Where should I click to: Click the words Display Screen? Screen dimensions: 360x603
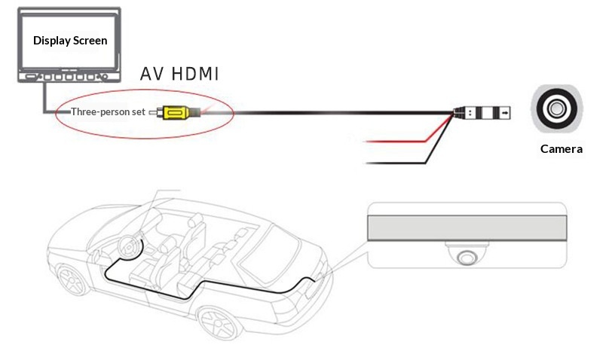click(x=70, y=40)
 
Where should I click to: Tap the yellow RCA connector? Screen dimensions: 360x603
click(x=174, y=113)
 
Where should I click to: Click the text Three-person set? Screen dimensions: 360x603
click(x=109, y=113)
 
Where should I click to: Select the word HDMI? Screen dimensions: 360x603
click(x=194, y=75)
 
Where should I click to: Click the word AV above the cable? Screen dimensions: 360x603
click(x=154, y=75)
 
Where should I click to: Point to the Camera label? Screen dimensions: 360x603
click(x=562, y=149)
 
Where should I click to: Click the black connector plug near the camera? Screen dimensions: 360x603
click(x=482, y=113)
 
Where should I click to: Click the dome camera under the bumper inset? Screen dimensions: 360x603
click(x=466, y=255)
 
